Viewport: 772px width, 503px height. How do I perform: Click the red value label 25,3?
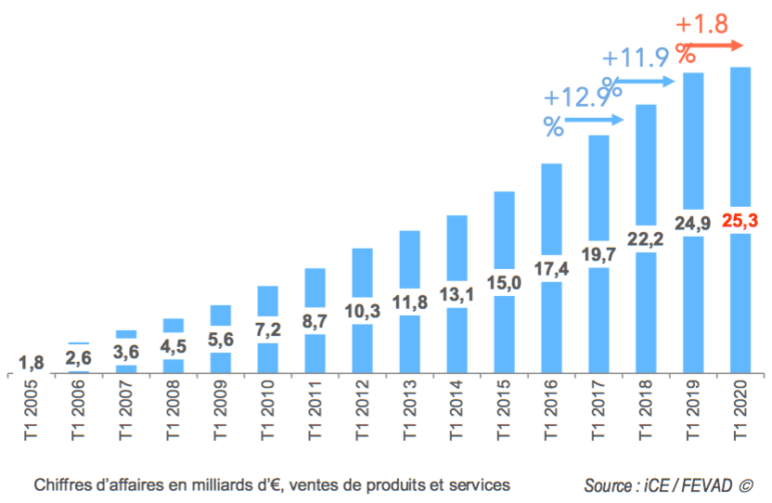click(x=740, y=221)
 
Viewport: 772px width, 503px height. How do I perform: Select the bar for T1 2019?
click(x=693, y=139)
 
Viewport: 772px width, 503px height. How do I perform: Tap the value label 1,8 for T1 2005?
click(x=31, y=362)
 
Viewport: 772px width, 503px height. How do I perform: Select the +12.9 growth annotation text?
click(x=577, y=97)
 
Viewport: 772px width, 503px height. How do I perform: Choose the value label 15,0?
click(x=504, y=283)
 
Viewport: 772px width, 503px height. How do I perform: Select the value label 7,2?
click(x=267, y=329)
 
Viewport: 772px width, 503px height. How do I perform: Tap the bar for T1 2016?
click(x=551, y=213)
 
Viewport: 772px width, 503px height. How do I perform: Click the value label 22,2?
click(x=646, y=239)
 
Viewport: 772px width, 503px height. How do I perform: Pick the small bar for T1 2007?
click(x=126, y=334)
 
